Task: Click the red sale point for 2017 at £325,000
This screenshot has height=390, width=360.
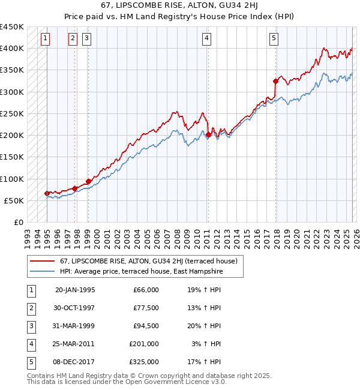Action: pos(275,81)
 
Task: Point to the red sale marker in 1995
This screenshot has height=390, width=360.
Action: pos(47,193)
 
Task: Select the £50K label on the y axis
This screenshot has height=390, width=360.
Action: pos(14,200)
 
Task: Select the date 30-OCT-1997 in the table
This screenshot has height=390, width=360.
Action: pos(75,308)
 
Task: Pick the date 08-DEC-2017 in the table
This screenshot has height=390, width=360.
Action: pos(75,362)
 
